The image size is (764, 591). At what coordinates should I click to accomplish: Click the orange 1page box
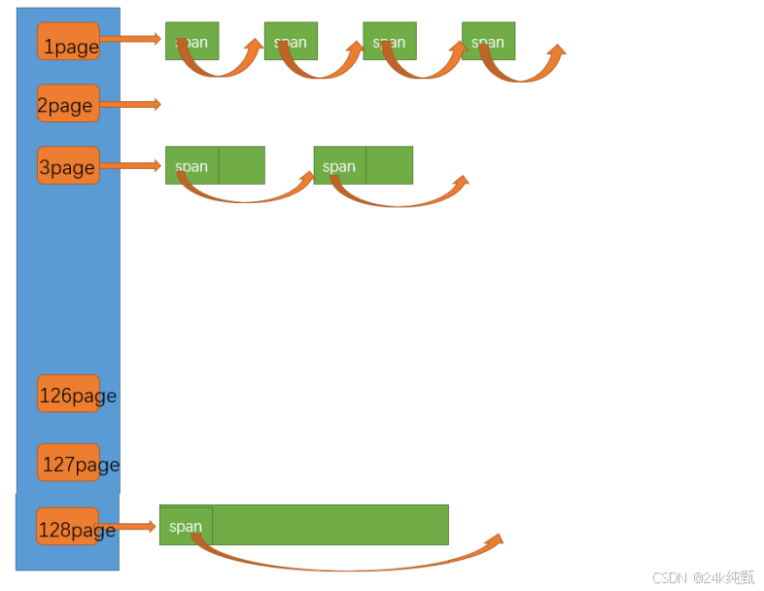(x=68, y=42)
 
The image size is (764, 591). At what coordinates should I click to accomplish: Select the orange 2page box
(x=68, y=104)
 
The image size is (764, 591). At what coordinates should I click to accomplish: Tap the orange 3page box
(x=68, y=165)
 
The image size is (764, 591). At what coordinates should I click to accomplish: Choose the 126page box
(x=68, y=394)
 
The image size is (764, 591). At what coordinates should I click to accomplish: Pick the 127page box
(x=69, y=463)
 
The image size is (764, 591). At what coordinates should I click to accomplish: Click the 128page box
(x=67, y=527)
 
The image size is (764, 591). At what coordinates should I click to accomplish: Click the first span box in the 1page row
(x=192, y=41)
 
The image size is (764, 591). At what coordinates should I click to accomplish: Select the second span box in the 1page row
(x=291, y=41)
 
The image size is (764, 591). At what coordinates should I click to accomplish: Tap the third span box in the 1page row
(x=390, y=41)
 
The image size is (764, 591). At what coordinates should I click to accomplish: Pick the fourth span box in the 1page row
(x=488, y=41)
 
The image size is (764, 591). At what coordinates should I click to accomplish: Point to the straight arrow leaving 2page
(x=129, y=104)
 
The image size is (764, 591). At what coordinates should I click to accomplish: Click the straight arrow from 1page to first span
(x=130, y=39)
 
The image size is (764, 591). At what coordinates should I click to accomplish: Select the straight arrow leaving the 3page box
(x=130, y=165)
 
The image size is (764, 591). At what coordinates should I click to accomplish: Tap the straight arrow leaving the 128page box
(x=127, y=527)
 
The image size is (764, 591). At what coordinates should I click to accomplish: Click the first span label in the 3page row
(x=191, y=166)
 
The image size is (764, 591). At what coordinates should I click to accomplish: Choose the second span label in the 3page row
(x=339, y=166)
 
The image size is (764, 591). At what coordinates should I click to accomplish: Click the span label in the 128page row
(x=186, y=526)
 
